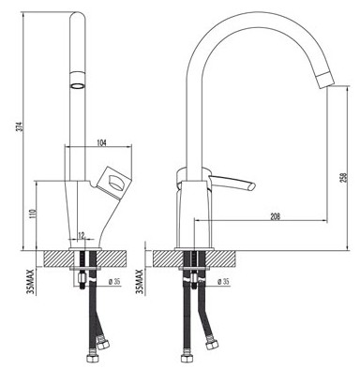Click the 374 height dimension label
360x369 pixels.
[x=20, y=126]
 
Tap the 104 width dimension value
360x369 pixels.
[x=101, y=143]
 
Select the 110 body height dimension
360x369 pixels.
[x=34, y=214]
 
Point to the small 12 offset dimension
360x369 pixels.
[x=82, y=235]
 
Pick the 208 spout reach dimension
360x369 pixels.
[x=275, y=216]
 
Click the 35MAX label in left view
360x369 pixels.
[x=31, y=282]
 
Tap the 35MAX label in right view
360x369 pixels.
[x=140, y=282]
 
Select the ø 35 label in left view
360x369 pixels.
[x=114, y=281]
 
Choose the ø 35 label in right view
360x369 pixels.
[x=223, y=281]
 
